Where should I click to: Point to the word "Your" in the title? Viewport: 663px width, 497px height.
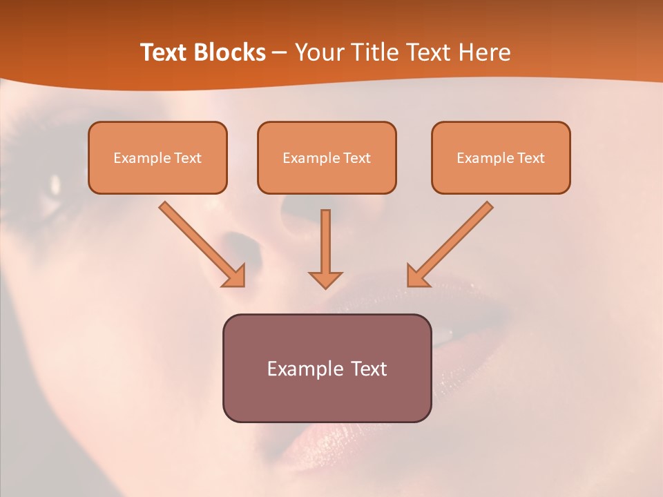click(x=320, y=52)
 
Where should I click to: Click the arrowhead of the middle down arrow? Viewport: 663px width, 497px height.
click(x=325, y=279)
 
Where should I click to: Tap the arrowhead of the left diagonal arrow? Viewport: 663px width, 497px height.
click(x=236, y=277)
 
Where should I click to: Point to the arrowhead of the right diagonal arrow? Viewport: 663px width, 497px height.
click(x=416, y=277)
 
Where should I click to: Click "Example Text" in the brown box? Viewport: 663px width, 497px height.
click(x=327, y=369)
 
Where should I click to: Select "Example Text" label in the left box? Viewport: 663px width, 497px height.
click(x=157, y=158)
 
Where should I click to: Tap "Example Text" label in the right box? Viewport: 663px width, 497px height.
click(x=501, y=158)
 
